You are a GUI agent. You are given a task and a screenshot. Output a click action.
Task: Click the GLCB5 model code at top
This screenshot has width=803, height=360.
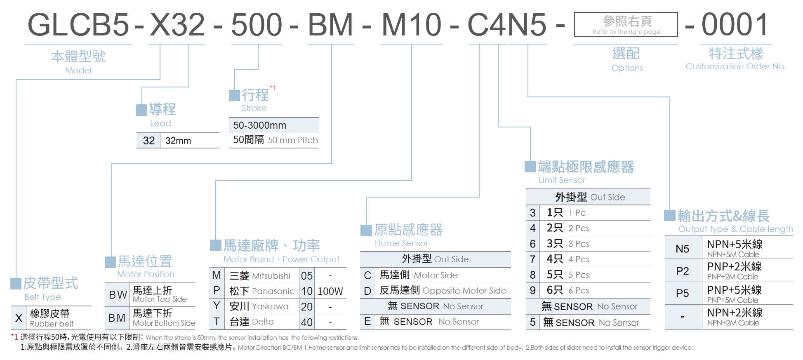click(x=78, y=25)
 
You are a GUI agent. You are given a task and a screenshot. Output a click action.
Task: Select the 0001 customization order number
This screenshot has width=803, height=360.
click(x=735, y=25)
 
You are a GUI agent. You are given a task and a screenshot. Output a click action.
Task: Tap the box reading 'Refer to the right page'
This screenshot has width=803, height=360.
click(x=626, y=25)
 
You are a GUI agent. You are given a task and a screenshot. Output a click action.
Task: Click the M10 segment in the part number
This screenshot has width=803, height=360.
click(x=411, y=25)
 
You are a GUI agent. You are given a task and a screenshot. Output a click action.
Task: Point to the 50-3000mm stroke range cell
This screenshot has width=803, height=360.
click(x=260, y=125)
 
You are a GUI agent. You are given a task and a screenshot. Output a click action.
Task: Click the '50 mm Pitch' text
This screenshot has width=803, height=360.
click(x=292, y=140)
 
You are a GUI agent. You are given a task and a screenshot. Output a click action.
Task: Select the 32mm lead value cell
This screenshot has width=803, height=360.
click(x=178, y=141)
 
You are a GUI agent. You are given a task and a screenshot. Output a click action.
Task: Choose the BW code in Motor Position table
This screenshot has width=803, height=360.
click(x=118, y=295)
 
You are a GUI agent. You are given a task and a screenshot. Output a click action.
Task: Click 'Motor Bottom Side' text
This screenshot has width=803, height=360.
click(x=164, y=323)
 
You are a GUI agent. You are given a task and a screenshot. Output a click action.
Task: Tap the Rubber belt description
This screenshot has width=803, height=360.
click(x=52, y=324)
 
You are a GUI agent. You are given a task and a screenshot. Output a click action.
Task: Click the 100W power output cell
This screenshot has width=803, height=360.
click(x=330, y=291)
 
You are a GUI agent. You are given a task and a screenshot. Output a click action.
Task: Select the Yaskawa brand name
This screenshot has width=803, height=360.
click(x=270, y=306)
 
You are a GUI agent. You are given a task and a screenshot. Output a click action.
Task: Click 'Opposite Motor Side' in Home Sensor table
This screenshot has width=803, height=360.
click(x=464, y=291)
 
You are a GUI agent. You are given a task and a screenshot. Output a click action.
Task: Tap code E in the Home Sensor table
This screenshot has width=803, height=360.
click(x=367, y=322)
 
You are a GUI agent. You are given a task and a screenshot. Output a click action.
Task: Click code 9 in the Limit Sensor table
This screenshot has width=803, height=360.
click(x=532, y=291)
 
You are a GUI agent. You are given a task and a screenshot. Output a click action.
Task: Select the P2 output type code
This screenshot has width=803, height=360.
click(x=682, y=271)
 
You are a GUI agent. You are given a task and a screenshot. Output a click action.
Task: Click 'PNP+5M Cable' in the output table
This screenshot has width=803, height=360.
click(x=733, y=300)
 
